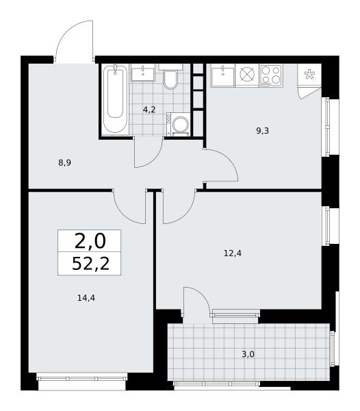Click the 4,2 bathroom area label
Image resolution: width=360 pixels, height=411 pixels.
pos(149,110)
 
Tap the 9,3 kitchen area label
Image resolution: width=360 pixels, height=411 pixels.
pos(263,131)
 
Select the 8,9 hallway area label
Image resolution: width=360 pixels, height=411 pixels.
pos(64,163)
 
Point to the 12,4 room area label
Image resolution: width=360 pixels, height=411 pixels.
pos(233,253)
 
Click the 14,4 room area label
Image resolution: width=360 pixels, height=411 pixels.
pos(86,298)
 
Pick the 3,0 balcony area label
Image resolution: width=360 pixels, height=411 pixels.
pos(248,354)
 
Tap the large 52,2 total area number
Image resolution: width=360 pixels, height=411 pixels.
pos(90,264)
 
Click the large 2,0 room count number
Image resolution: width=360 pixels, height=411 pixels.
pos(90,241)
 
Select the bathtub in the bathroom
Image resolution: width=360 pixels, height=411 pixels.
pos(115,99)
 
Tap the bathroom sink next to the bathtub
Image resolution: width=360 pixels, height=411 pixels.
pos(143,73)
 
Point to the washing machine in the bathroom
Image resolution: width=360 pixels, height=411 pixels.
pos(178,124)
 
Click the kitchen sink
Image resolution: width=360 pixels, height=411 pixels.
pos(223,75)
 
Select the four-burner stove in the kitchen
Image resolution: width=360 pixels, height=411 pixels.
pos(271,76)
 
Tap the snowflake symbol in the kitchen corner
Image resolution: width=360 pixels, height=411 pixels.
pos(309,74)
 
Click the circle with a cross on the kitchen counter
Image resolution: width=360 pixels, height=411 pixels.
pos(248,75)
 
